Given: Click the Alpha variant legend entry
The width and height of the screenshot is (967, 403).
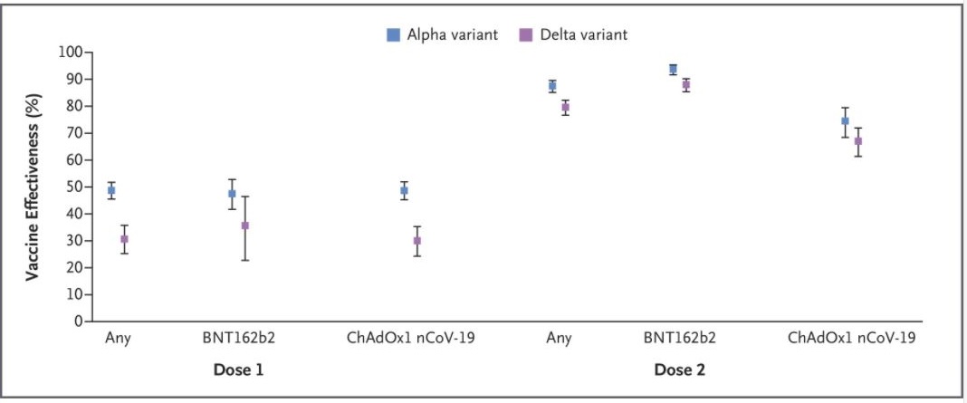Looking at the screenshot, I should (443, 35).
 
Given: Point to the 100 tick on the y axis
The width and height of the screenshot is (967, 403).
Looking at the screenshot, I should (71, 53).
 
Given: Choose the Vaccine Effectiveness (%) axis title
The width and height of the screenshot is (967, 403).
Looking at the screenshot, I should (33, 187).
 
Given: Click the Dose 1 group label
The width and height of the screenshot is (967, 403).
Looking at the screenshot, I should (239, 369).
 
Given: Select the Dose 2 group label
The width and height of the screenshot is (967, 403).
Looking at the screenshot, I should (680, 369).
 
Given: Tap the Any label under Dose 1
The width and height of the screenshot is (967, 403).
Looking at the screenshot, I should (117, 340).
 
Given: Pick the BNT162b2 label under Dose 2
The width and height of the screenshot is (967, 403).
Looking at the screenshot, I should (680, 340).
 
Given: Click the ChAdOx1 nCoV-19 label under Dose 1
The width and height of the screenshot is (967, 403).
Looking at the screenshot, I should (411, 340).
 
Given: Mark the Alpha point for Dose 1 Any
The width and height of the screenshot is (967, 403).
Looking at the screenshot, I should (111, 190).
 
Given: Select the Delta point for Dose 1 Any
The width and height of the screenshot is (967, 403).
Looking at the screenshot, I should (124, 239).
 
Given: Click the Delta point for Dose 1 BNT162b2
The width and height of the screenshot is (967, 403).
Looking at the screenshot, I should (244, 225).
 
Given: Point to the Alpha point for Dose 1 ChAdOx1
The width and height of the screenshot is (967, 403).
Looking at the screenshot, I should (404, 190).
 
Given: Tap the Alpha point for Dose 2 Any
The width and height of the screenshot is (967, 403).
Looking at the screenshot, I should (552, 86).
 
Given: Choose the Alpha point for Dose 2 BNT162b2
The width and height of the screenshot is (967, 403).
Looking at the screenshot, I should (673, 69).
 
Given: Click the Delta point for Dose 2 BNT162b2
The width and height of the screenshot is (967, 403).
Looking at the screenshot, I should (686, 84).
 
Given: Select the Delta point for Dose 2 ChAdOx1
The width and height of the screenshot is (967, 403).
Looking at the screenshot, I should (858, 141).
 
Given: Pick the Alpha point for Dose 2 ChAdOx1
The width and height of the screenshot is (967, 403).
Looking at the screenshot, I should (845, 120).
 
